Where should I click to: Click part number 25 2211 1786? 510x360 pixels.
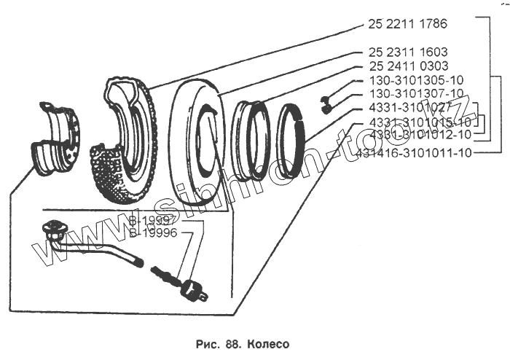pos(408,24)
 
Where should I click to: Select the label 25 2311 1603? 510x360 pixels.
pos(408,52)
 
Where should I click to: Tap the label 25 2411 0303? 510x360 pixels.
pos(408,66)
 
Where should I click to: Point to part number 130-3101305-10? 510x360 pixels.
pos(416,80)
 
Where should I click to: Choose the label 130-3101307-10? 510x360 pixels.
pos(416,94)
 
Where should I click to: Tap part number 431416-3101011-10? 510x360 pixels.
pos(415,153)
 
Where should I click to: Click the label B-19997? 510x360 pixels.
pos(149,221)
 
